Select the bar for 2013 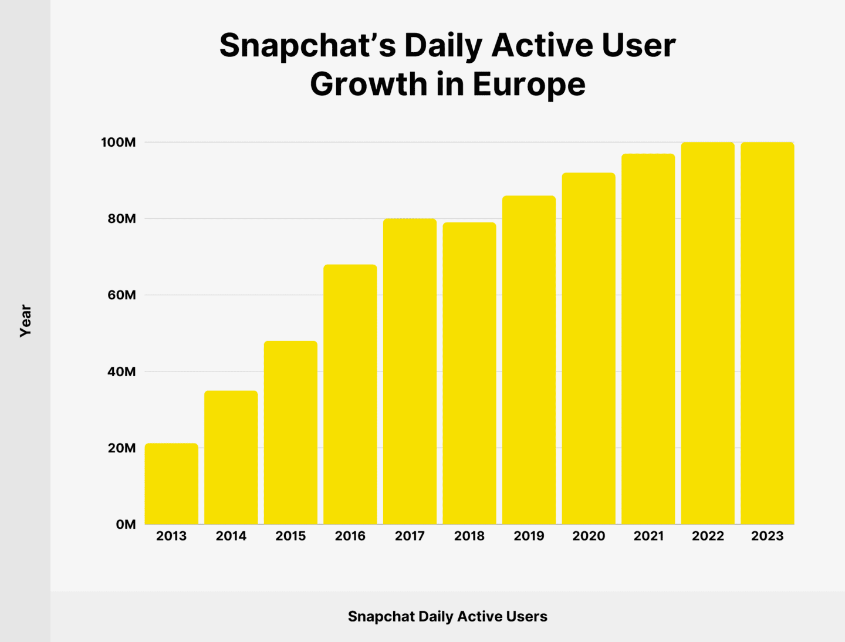(171, 484)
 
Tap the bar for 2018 (469, 373)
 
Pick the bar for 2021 (648, 339)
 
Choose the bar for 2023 (768, 333)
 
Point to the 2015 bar (290, 432)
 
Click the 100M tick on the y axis (118, 143)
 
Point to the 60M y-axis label (121, 295)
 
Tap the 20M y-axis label (121, 448)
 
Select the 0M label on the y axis (126, 525)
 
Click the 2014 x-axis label (231, 536)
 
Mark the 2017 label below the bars (410, 536)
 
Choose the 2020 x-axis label (589, 536)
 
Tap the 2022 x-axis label (708, 536)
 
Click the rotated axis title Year (25, 320)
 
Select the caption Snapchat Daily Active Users (447, 616)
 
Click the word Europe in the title (529, 84)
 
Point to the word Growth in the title (369, 84)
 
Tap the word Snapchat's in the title (307, 45)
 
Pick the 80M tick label (121, 219)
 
